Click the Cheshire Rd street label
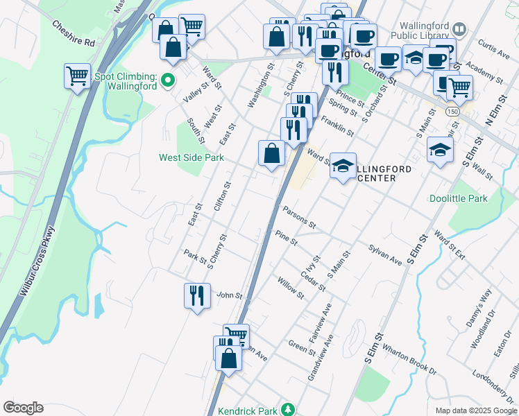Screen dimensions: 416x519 click(73, 33)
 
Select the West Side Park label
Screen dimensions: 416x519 click(192, 158)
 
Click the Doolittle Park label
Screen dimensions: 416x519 click(477, 198)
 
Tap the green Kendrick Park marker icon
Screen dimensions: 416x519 click(293, 410)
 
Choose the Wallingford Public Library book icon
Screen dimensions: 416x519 click(459, 29)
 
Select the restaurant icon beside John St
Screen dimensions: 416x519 click(197, 296)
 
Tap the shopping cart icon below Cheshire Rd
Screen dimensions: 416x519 click(77, 76)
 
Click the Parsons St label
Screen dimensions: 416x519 click(300, 218)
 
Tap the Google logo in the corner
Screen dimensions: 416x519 click(23, 408)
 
